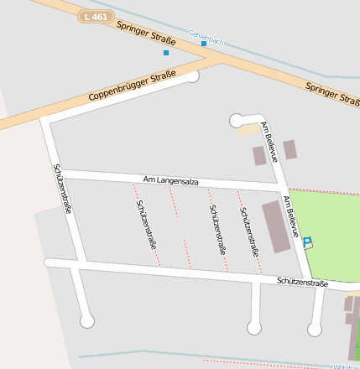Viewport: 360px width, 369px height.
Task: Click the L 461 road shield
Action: [x=95, y=16]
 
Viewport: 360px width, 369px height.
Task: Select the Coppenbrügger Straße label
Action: [x=133, y=87]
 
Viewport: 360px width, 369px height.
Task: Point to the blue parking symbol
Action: [x=307, y=242]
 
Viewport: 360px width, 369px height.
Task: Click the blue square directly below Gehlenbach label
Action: [x=204, y=44]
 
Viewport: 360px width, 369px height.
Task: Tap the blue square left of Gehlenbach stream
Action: [x=166, y=53]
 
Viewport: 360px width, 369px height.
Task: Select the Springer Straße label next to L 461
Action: [x=146, y=32]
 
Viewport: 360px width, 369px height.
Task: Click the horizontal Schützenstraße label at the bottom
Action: [x=302, y=283]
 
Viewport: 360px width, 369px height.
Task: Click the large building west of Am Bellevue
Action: [x=275, y=226]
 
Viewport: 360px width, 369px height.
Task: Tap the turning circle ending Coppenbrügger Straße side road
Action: [x=193, y=76]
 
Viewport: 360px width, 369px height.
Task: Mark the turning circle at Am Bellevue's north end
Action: [x=236, y=121]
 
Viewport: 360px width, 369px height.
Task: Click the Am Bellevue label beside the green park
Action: [x=290, y=216]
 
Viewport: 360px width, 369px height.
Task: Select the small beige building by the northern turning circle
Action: [x=249, y=129]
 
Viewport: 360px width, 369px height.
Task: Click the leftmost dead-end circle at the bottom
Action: [x=86, y=320]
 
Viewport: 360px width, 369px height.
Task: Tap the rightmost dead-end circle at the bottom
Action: [x=314, y=329]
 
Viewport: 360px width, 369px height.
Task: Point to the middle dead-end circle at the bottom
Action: [x=254, y=328]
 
